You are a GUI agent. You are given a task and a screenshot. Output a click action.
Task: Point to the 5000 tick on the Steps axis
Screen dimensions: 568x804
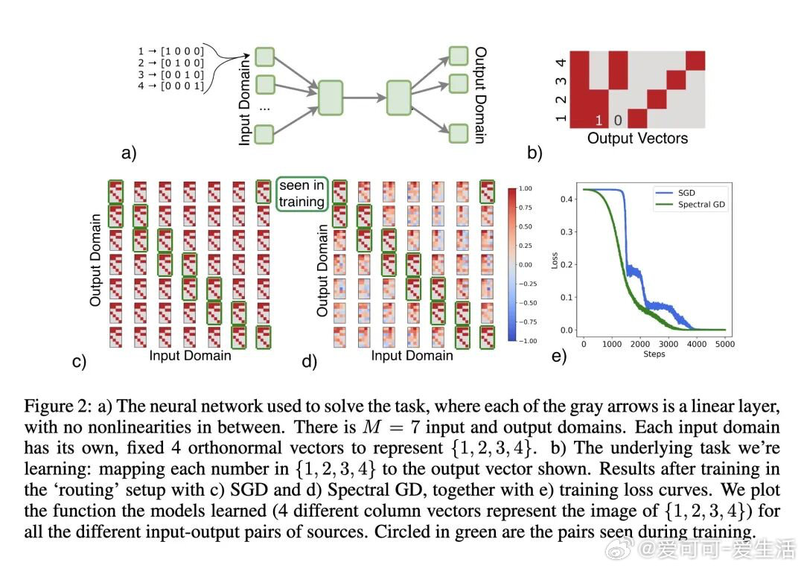click(724, 344)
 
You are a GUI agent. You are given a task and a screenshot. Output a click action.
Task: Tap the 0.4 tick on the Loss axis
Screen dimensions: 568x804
click(566, 199)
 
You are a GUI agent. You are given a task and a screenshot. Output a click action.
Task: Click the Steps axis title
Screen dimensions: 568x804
click(654, 354)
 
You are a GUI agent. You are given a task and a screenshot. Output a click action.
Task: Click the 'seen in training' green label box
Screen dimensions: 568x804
click(301, 193)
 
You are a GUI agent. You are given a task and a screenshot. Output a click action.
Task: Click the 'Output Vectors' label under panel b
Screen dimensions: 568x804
click(637, 138)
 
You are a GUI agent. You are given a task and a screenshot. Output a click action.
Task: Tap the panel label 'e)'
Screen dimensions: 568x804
click(559, 357)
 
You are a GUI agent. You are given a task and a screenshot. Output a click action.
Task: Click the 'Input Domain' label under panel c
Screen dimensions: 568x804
click(190, 356)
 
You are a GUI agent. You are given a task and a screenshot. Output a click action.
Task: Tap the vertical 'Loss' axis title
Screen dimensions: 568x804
click(555, 260)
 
